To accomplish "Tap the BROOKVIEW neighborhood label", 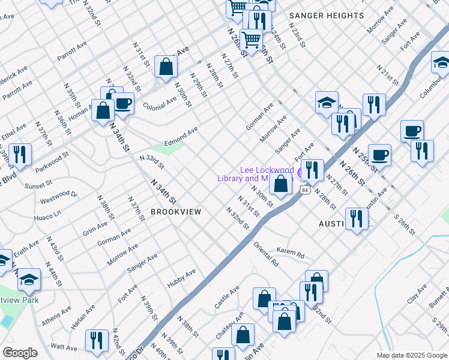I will (x=175, y=212).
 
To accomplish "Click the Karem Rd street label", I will (x=291, y=253).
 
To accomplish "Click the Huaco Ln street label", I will (x=48, y=214).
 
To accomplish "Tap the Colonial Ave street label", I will (x=160, y=102).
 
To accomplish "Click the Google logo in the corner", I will (x=20, y=353).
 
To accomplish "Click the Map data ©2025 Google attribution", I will (x=412, y=355).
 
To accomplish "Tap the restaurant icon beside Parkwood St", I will (x=20, y=154).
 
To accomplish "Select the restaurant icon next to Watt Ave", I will (x=97, y=340).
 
